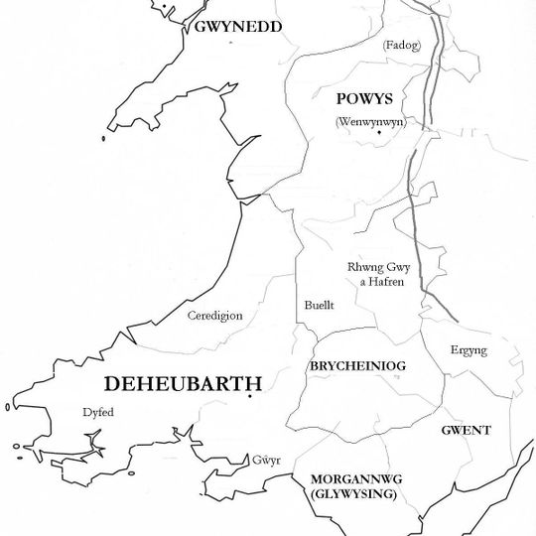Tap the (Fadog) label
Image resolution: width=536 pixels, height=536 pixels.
tap(399, 45)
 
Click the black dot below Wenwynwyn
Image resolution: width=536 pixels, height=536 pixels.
tap(378, 133)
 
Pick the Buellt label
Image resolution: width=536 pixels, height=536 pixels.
tap(318, 306)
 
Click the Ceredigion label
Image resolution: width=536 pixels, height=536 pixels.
tap(214, 316)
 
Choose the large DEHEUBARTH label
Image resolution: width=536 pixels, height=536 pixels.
tap(184, 383)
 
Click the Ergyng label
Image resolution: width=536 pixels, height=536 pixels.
tap(469, 351)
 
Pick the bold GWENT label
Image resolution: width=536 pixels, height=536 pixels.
tap(465, 430)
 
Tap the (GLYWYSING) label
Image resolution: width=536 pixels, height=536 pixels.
tap(352, 493)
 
